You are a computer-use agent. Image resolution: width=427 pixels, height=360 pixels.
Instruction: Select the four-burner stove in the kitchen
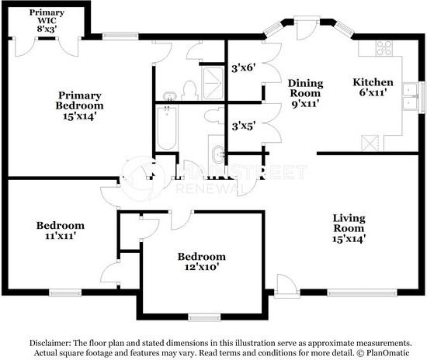pos(384,48)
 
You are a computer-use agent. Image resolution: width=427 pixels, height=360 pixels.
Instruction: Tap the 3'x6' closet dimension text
pos(244,67)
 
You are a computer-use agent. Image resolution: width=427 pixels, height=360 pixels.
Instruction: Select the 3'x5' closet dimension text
pos(243,124)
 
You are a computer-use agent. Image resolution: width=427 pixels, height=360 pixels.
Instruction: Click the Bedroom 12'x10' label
pos(201,261)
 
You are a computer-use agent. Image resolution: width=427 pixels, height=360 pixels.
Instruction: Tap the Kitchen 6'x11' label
pos(373,87)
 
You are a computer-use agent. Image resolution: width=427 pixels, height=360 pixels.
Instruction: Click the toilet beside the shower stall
pos(186,87)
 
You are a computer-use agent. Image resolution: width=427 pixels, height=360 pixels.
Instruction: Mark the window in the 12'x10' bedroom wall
pos(204,317)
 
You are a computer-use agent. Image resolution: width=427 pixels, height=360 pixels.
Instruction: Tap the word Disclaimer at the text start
pos(50,341)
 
